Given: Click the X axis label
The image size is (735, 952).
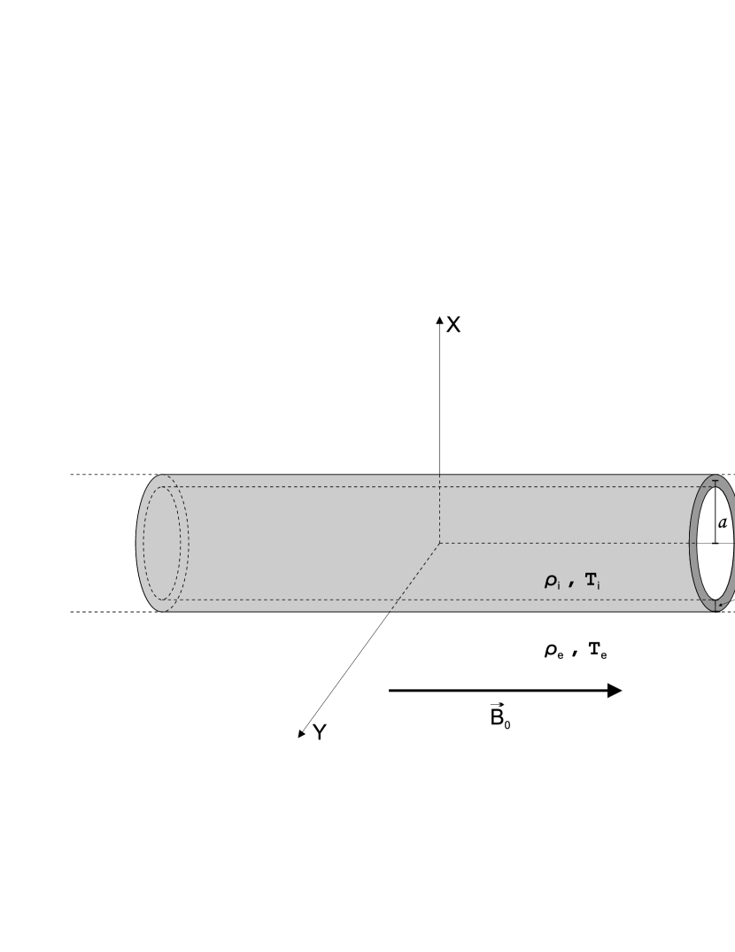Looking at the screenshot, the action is click(453, 325).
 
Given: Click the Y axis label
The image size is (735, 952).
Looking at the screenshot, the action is click(320, 732).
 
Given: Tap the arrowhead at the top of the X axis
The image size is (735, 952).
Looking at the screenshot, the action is click(439, 320).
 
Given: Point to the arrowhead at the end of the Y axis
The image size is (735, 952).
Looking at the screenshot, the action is click(302, 734).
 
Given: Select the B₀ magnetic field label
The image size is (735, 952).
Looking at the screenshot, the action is click(500, 716).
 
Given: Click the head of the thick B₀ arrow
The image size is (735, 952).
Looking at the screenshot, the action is click(615, 691).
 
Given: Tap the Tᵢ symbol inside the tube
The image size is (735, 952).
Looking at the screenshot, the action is click(593, 581).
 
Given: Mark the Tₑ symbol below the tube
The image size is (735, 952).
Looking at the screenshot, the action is click(598, 651).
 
